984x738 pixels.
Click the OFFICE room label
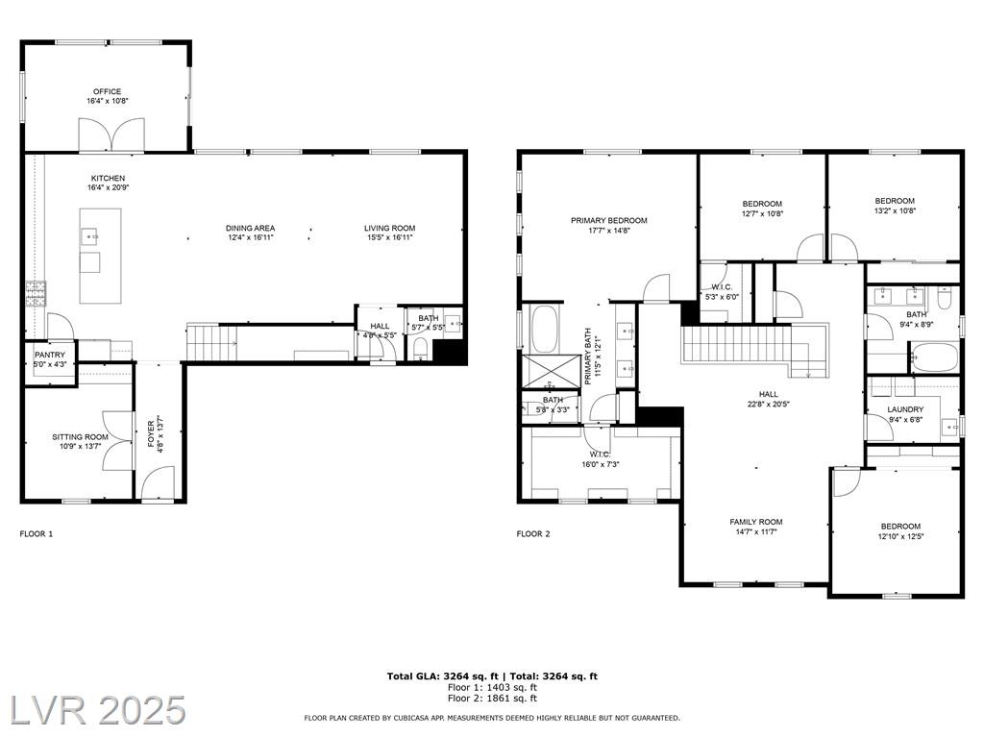point(108,91)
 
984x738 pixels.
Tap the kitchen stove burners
point(36,294)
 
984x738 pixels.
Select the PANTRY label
point(50,356)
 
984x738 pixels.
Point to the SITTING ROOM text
point(80,437)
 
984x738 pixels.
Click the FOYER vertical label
point(151,433)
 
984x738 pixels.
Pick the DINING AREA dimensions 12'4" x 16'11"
point(251,238)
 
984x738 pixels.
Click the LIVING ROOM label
point(390,229)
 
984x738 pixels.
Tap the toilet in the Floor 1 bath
point(421,348)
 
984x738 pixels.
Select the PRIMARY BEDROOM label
point(608,221)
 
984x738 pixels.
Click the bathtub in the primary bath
point(544,329)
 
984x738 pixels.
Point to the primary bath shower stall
point(552,372)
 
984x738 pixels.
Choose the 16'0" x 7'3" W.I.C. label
point(600,465)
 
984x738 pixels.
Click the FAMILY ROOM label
point(755,522)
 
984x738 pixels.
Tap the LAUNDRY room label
point(905,409)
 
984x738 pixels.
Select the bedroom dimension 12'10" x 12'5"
point(900,536)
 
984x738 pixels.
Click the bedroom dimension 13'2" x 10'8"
point(895,210)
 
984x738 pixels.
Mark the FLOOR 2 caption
point(532,534)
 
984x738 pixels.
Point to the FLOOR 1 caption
point(37,534)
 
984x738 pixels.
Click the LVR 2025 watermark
point(98,710)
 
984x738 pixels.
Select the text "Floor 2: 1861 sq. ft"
point(492,698)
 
